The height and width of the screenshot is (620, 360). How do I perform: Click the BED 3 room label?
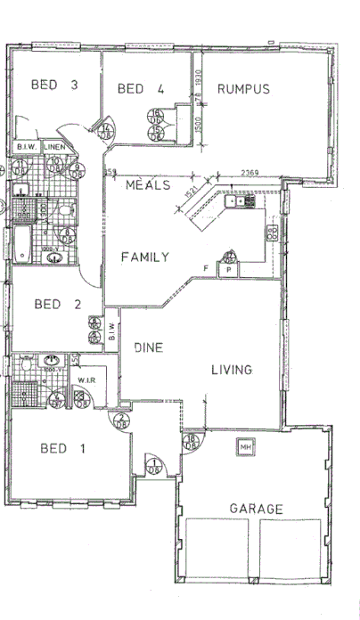pyautogui.click(x=55, y=86)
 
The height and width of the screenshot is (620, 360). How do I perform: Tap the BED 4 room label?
pyautogui.click(x=141, y=88)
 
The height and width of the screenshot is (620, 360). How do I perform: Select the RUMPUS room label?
pyautogui.click(x=243, y=88)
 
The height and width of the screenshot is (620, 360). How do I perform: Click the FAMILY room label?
pyautogui.click(x=144, y=257)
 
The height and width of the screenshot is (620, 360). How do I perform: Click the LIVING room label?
pyautogui.click(x=232, y=369)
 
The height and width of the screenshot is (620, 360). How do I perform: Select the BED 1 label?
pyautogui.click(x=62, y=448)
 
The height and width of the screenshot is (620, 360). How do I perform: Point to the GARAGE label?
pyautogui.click(x=256, y=509)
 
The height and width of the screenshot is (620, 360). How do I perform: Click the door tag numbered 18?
pyautogui.click(x=190, y=441)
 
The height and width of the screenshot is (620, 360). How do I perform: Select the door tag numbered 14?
pyautogui.click(x=106, y=131)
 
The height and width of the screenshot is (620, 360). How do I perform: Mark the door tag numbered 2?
pyautogui.click(x=120, y=424)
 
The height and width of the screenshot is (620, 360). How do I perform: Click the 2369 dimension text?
pyautogui.click(x=250, y=173)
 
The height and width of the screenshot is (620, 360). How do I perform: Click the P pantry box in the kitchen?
pyautogui.click(x=228, y=268)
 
